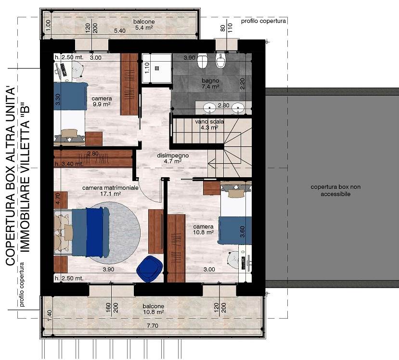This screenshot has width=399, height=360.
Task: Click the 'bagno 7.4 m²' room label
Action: coord(210,84)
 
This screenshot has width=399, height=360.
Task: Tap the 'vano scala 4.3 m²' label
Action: coord(209,125)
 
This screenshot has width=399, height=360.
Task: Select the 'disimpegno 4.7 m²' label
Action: coord(173,158)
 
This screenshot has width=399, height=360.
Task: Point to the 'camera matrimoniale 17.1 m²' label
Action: coord(110,191)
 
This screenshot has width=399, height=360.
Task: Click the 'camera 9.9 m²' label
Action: coord(102,101)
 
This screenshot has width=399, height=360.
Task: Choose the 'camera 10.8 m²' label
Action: coord(203,230)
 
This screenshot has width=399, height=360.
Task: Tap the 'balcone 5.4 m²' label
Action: coord(144,25)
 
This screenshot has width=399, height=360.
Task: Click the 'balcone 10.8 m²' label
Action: coord(153,309)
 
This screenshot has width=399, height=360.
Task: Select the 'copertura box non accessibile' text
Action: coord(335,190)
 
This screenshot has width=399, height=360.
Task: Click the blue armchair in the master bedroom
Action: coord(150,269)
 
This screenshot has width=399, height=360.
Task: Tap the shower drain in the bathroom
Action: coord(157,68)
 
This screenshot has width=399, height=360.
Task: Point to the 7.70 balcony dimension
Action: coord(153,325)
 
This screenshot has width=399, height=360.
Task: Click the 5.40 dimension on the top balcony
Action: coord(119,31)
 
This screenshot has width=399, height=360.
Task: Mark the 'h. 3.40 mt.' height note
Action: coord(69,164)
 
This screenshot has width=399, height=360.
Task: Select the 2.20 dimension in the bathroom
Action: coord(242,83)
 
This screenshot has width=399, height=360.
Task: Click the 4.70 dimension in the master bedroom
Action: coord(58,199)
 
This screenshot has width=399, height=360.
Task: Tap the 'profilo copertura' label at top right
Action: coord(263,21)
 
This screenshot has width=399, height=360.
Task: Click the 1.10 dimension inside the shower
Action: coord(147,68)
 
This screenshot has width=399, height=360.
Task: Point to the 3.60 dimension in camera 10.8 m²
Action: coord(242,231)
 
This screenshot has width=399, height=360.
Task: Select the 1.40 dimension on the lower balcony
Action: coord(50,315)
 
